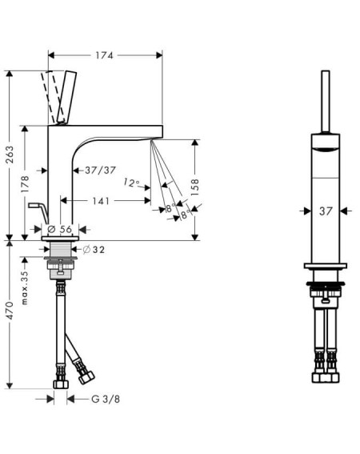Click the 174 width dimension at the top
pyautogui.click(x=105, y=55)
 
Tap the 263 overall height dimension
pyautogui.click(x=10, y=155)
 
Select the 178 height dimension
pyautogui.click(x=25, y=184)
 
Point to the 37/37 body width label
pyautogui.click(x=101, y=170)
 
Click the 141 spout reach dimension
pyautogui.click(x=101, y=201)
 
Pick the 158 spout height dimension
pyautogui.click(x=195, y=187)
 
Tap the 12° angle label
pyautogui.click(x=131, y=183)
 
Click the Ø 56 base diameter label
pyautogui.click(x=59, y=229)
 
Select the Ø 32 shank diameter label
pyautogui.click(x=94, y=249)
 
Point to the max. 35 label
pyautogui.click(x=25, y=287)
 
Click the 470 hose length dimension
pyautogui.click(x=10, y=311)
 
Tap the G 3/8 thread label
pyautogui.click(x=106, y=400)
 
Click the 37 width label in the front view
pyautogui.click(x=326, y=211)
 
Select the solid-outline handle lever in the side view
pyautogui.click(x=67, y=96)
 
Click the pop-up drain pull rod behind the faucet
pyautogui.click(x=38, y=211)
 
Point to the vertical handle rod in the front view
pyautogui.click(x=326, y=102)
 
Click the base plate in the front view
pyautogui.click(x=326, y=266)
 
